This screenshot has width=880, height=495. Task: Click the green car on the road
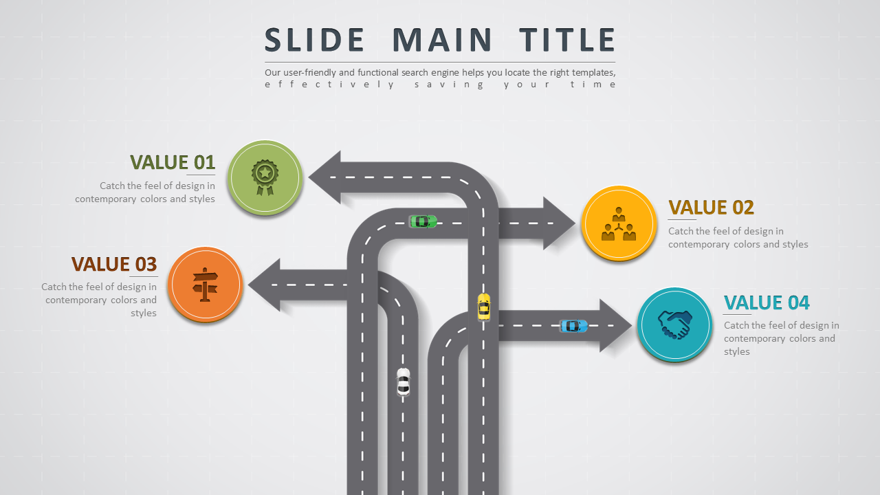pyautogui.click(x=423, y=221)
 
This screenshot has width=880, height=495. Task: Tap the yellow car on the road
pyautogui.click(x=484, y=307)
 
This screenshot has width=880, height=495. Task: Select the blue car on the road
pyautogui.click(x=573, y=326)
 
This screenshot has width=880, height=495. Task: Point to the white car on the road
pyautogui.click(x=404, y=382)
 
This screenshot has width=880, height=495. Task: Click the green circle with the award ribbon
pyautogui.click(x=265, y=178)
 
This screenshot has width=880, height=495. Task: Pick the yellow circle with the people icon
pyautogui.click(x=619, y=223)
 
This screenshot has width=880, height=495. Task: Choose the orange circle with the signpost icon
pyautogui.click(x=205, y=284)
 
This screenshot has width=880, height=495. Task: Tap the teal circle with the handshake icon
pyautogui.click(x=674, y=324)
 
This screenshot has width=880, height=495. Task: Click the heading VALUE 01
pyautogui.click(x=173, y=162)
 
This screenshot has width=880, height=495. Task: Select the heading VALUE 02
pyautogui.click(x=711, y=208)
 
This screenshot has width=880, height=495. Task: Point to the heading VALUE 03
pyautogui.click(x=114, y=265)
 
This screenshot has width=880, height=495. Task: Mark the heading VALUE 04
pyautogui.click(x=767, y=302)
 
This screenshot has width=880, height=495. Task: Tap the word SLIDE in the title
pyautogui.click(x=315, y=40)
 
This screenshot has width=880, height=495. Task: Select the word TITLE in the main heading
pyautogui.click(x=567, y=40)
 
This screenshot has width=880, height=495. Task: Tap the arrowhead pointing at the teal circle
pyautogui.click(x=615, y=326)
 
